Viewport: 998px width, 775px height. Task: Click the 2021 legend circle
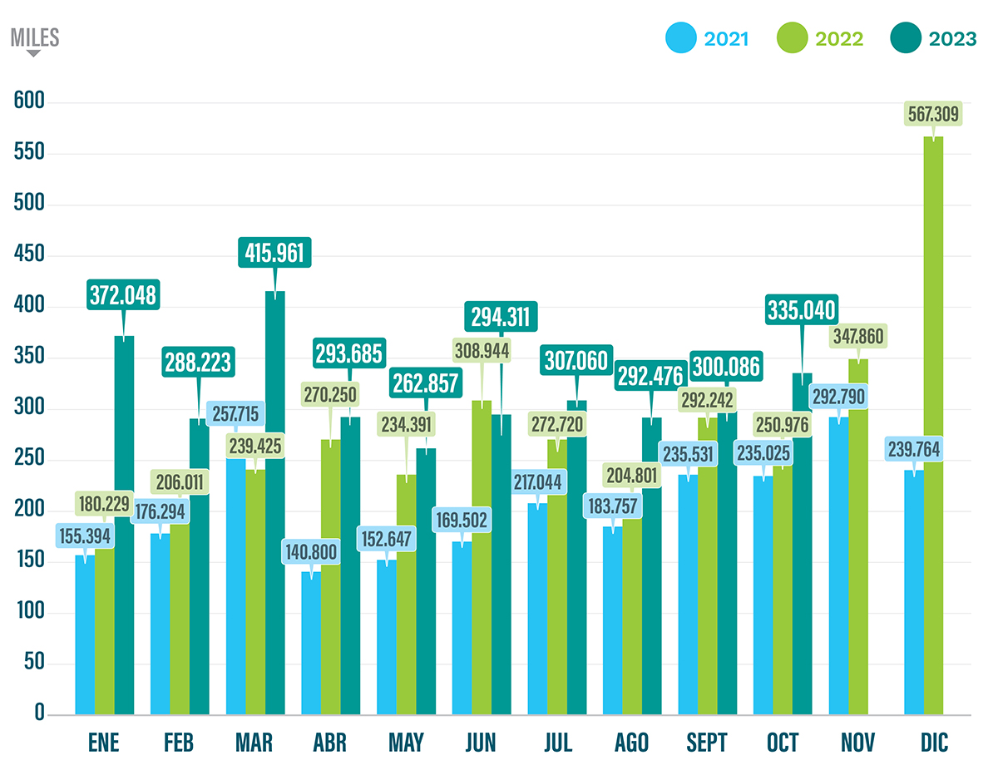point(681,38)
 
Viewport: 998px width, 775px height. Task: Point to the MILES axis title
point(34,38)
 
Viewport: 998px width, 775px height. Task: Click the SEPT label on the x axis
point(708,743)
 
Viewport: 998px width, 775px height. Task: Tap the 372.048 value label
point(124,295)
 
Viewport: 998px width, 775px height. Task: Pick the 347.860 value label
point(858,336)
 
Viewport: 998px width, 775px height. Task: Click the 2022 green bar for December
point(933,432)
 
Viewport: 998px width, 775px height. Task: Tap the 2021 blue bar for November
point(838,565)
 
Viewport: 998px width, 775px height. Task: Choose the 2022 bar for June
point(481,565)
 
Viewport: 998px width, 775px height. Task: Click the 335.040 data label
point(802,311)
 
